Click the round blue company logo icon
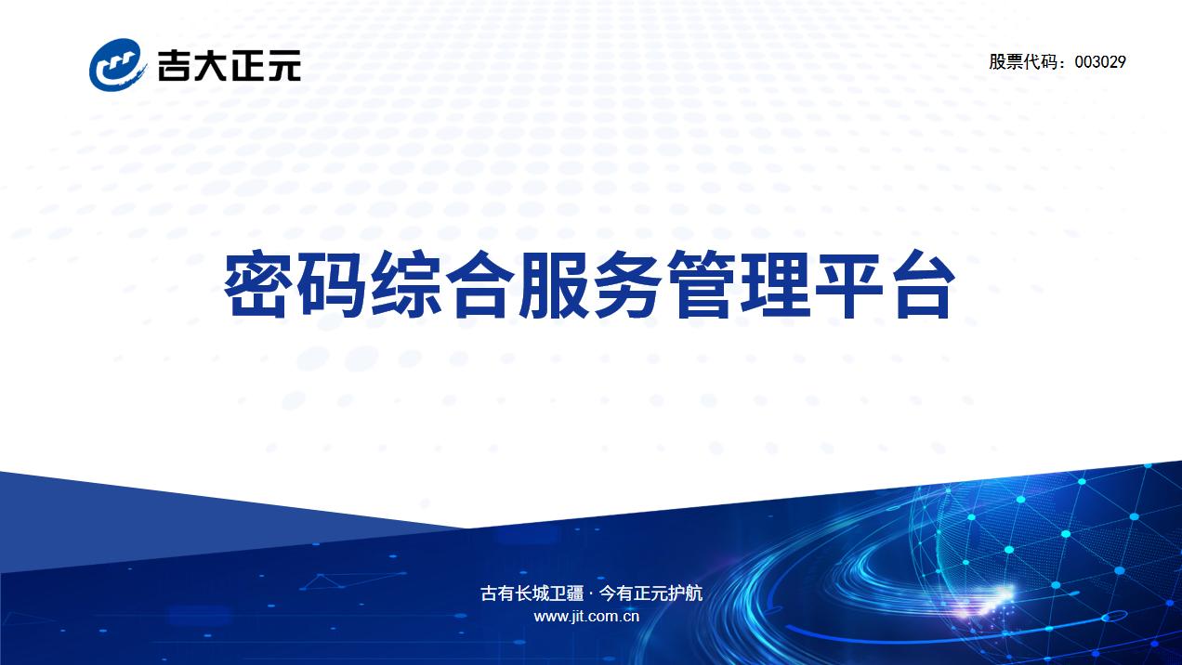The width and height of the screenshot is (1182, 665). (117, 65)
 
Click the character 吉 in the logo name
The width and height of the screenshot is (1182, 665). (174, 65)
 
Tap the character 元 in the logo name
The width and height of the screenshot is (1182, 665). (284, 65)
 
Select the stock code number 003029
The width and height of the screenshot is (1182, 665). (1100, 61)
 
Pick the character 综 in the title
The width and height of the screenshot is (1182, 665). (405, 284)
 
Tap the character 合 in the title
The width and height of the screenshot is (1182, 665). (479, 284)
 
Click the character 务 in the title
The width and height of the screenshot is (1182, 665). (627, 284)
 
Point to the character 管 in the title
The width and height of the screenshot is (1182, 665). (702, 284)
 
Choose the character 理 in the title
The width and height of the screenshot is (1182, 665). (776, 284)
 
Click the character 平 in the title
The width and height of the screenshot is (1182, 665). (849, 284)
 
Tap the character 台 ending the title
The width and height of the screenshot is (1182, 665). (924, 284)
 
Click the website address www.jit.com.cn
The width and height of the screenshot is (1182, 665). (586, 617)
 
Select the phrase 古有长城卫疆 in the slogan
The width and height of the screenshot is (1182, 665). (532, 593)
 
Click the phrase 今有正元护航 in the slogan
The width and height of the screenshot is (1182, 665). (650, 593)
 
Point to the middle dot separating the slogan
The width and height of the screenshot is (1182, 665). (591, 594)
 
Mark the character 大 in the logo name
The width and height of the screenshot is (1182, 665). (211, 65)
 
